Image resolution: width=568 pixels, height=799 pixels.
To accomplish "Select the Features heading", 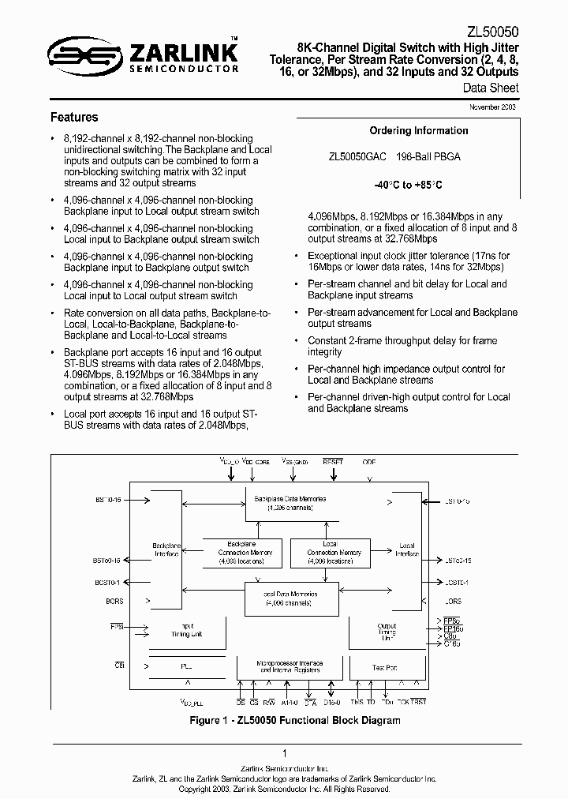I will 74,118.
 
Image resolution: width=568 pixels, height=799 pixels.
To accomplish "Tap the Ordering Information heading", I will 419,131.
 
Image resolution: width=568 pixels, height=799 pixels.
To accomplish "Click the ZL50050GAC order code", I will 357,157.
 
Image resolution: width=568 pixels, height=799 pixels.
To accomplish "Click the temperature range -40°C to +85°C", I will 408,185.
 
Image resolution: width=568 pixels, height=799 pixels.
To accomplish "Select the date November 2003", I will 493,107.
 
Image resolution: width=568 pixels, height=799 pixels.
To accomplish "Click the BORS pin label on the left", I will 115,602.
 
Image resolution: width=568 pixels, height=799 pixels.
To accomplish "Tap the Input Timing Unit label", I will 187,629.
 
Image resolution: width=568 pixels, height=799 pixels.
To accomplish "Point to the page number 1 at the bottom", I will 284,754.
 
